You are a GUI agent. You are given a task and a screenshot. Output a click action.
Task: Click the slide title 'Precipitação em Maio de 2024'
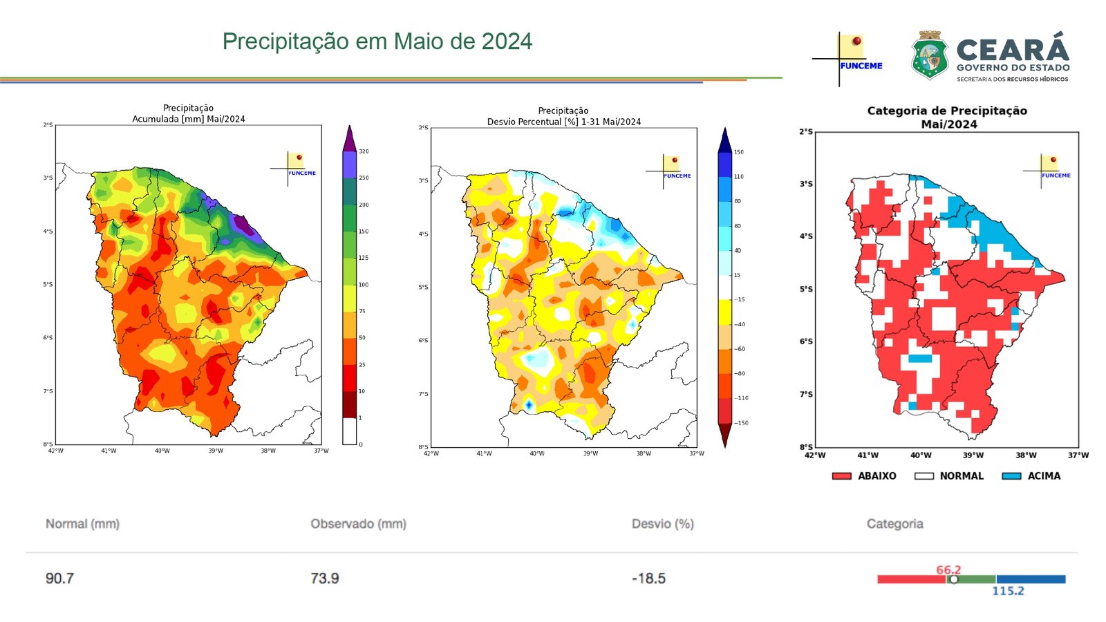pyautogui.click(x=377, y=41)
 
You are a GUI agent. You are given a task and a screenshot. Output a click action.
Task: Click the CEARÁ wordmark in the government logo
pyautogui.click(x=1013, y=50)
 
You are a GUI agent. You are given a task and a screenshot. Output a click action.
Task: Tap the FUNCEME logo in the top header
pyautogui.click(x=849, y=58)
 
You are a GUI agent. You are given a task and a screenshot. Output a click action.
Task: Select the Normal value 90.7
pyautogui.click(x=59, y=578)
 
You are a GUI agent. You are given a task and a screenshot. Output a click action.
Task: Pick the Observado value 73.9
pyautogui.click(x=325, y=578)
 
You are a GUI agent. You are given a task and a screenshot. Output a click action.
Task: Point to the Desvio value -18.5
pyautogui.click(x=648, y=578)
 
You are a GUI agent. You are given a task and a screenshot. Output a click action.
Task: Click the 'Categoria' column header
pyautogui.click(x=894, y=524)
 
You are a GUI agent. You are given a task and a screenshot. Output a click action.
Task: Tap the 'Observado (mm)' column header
pyautogui.click(x=358, y=524)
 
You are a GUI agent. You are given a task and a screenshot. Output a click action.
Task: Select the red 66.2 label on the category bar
pyautogui.click(x=948, y=569)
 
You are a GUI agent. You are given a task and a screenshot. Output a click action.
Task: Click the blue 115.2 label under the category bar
pyautogui.click(x=1008, y=591)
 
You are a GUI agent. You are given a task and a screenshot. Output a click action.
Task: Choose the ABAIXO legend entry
pyautogui.click(x=864, y=476)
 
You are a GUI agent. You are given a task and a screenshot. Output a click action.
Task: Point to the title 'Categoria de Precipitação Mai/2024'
pyautogui.click(x=948, y=117)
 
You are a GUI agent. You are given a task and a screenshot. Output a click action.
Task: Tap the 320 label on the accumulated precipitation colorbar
pyautogui.click(x=364, y=151)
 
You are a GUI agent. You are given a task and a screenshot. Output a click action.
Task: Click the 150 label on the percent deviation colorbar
pyautogui.click(x=739, y=152)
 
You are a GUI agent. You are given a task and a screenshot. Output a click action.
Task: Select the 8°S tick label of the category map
pyautogui.click(x=806, y=447)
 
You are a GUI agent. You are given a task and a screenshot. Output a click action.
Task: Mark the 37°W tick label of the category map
pyautogui.click(x=1078, y=455)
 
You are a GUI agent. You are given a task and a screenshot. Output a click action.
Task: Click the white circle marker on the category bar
pyautogui.click(x=954, y=579)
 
